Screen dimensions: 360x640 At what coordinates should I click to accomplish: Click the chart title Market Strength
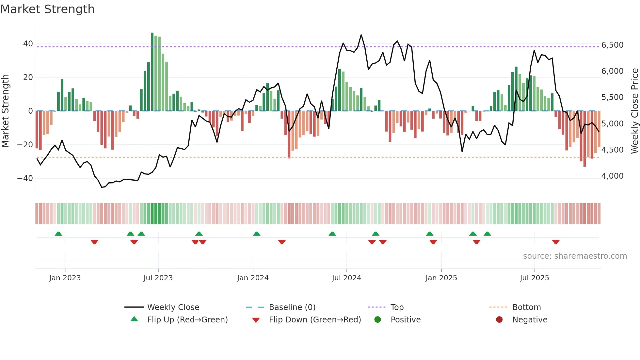47,9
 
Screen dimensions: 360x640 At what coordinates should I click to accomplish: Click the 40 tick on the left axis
28,44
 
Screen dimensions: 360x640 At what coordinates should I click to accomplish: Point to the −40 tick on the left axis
25,178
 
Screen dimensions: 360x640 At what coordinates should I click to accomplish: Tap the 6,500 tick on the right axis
612,45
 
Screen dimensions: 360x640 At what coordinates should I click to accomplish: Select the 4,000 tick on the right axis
612,176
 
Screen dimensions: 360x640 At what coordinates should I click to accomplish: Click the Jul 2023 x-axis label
158,278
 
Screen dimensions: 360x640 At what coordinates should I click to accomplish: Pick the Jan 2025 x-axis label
441,278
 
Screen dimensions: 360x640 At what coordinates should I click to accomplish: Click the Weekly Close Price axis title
634,111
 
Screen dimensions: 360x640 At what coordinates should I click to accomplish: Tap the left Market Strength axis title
6,111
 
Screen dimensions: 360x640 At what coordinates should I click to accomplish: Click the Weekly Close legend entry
173,307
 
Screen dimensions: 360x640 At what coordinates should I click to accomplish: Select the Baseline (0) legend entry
292,307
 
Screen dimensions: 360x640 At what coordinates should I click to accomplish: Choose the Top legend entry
397,307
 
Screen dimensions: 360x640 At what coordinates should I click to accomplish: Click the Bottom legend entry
526,307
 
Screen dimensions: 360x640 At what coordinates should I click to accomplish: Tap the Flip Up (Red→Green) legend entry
187,320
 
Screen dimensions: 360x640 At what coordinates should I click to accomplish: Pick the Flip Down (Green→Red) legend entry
314,320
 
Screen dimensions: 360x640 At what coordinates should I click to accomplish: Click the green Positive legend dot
378,320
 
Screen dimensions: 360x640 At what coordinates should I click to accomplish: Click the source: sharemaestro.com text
575,256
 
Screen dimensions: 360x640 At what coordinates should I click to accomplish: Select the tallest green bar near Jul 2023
152,72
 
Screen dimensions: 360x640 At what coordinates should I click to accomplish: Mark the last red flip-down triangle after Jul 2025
556,242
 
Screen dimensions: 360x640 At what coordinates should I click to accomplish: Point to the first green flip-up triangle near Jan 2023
58,234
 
